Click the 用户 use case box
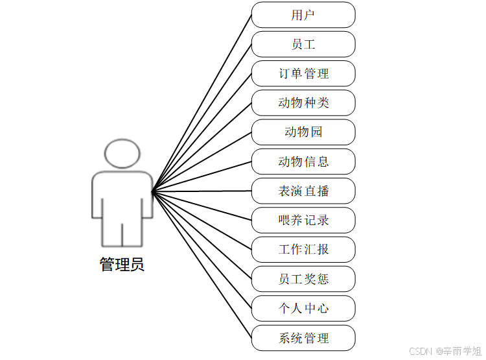[303, 15]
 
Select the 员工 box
[303, 44]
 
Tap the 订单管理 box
[303, 73]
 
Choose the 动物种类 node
[303, 102]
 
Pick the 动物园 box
[303, 132]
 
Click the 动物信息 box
[303, 162]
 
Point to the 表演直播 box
[303, 191]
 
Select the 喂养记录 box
[303, 220]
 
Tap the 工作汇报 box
[303, 249]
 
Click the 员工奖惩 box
[303, 279]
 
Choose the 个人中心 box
[303, 308]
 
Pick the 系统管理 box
[303, 338]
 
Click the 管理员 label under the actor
[122, 264]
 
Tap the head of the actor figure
[122, 153]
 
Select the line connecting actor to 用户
[202, 103]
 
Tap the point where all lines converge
[152, 191]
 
